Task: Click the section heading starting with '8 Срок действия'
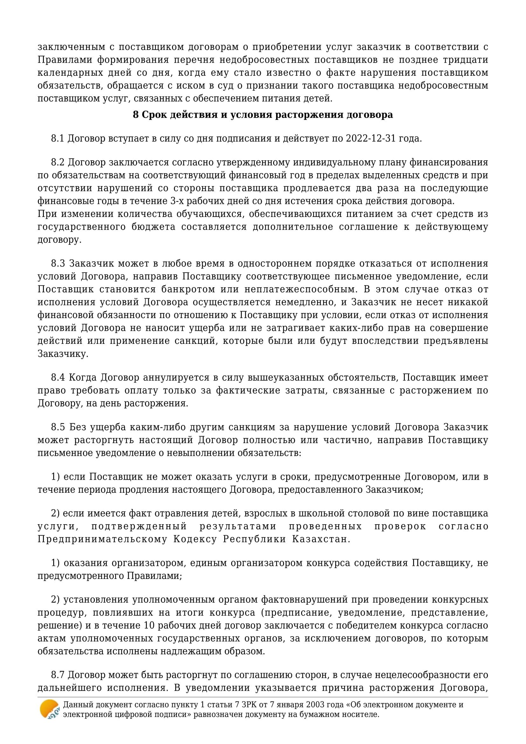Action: coord(263,115)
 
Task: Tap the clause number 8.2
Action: coord(58,162)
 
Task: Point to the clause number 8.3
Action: coord(58,263)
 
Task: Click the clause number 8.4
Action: coord(58,378)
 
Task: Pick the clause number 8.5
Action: coord(58,427)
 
